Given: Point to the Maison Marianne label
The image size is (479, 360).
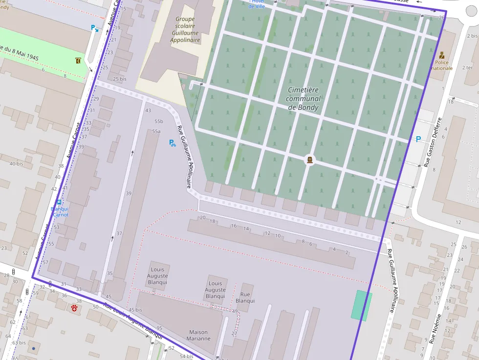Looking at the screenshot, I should (198, 336).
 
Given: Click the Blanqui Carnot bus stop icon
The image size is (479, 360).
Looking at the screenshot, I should (59, 202).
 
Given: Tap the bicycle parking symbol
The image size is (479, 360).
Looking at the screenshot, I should (172, 143).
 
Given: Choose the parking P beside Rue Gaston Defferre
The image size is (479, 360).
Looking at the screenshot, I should (418, 139).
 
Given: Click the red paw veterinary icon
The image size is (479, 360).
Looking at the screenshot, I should (74, 309).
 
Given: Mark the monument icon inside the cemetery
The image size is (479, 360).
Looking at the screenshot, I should (309, 160).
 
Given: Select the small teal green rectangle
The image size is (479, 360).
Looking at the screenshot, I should (361, 305).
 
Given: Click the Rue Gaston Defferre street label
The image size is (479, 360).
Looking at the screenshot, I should (434, 142).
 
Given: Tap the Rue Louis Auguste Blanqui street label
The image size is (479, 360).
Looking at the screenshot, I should (133, 321).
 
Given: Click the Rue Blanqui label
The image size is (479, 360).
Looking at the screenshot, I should (245, 297).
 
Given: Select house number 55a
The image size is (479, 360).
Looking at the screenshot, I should (156, 131).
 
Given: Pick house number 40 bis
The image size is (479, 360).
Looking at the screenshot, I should (16, 164).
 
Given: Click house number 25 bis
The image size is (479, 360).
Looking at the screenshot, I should (120, 79).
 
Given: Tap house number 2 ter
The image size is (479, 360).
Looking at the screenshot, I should (467, 67).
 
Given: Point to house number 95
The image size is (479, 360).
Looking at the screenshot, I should (159, 328).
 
